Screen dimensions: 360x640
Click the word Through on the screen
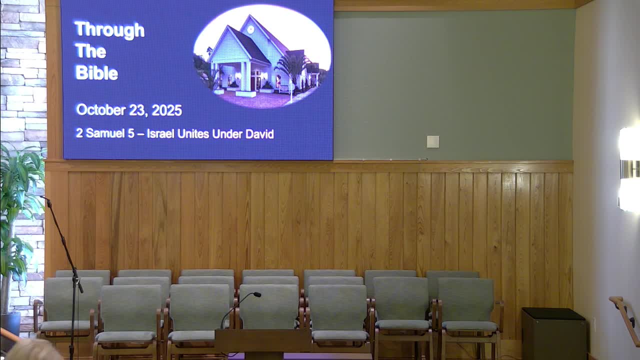click(109, 29)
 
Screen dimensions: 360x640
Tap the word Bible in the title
click(96, 73)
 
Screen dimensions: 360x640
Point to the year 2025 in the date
click(166, 110)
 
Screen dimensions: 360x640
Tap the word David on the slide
click(259, 134)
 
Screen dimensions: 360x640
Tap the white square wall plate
click(433, 141)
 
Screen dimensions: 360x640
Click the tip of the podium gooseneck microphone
click(257, 295)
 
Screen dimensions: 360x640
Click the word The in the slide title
click(90, 51)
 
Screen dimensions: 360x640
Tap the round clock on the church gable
click(250, 29)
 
